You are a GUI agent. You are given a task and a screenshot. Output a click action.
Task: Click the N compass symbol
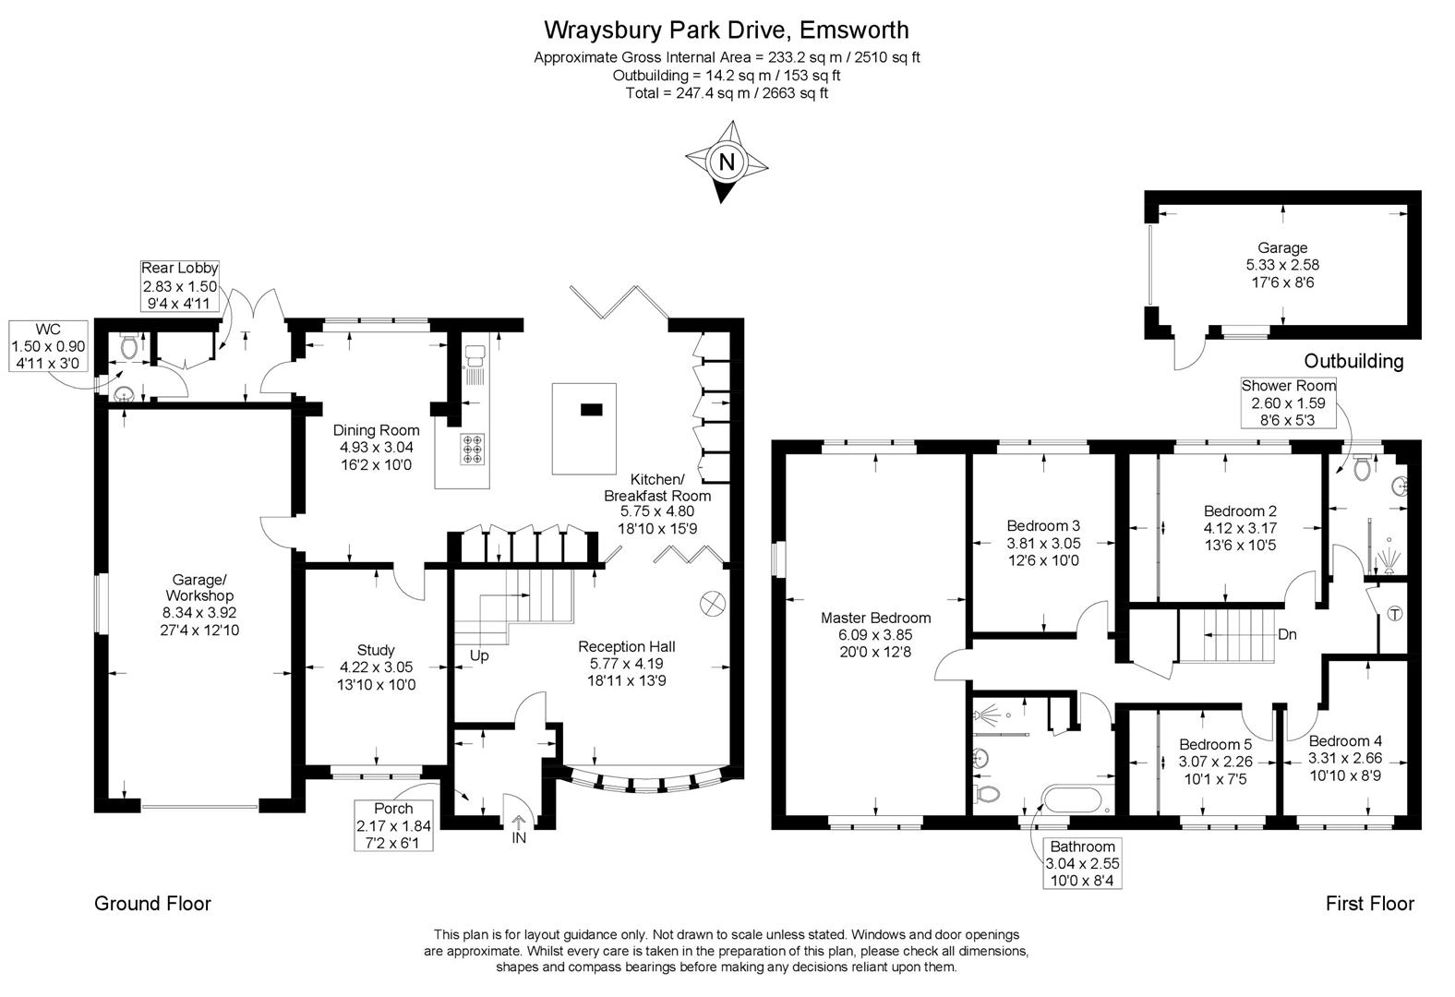point(727,162)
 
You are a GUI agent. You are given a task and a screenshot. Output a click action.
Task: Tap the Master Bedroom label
point(875,619)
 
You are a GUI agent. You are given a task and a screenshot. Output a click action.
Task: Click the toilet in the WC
point(129,348)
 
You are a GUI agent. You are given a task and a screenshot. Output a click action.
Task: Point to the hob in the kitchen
point(473,449)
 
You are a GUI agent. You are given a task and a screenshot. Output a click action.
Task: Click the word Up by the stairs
point(479,656)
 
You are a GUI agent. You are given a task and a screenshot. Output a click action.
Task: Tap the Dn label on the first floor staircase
point(1287,635)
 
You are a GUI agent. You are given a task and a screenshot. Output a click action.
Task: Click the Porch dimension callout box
point(393,826)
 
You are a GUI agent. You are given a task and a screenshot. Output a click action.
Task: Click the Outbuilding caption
point(1353,361)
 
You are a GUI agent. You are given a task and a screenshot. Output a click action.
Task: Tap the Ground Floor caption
point(152,904)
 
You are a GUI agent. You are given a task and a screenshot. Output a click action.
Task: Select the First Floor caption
point(1369,904)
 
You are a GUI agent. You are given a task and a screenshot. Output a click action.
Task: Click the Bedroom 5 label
point(1215,744)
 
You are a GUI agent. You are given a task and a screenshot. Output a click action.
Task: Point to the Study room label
point(376,650)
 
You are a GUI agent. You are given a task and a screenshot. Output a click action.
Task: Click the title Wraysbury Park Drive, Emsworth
point(726,30)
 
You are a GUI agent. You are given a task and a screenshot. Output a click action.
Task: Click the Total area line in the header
point(727,93)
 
